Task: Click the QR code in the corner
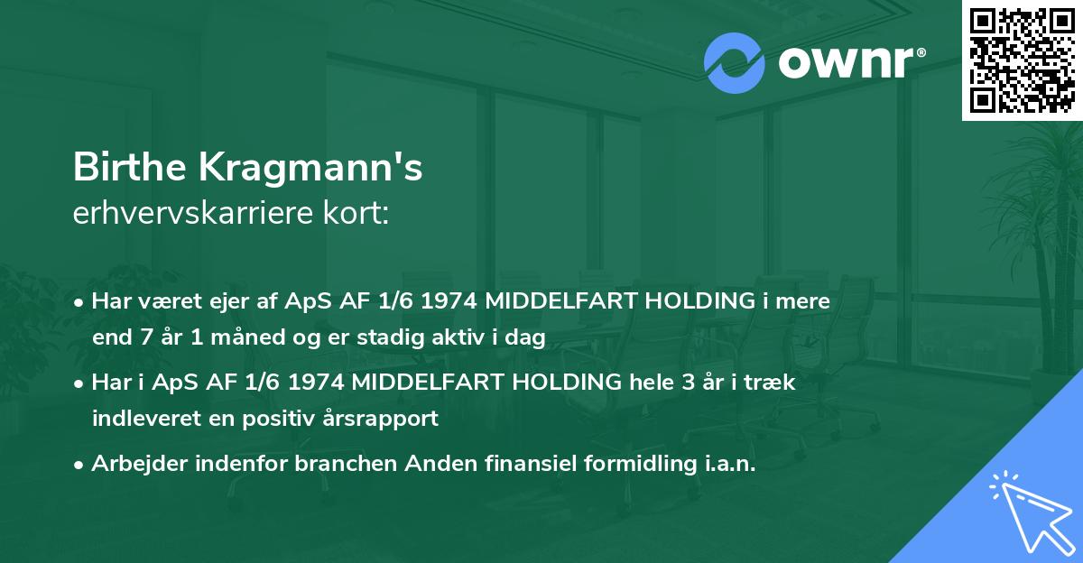coord(1023,60)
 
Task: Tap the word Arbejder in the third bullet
coord(134,464)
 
